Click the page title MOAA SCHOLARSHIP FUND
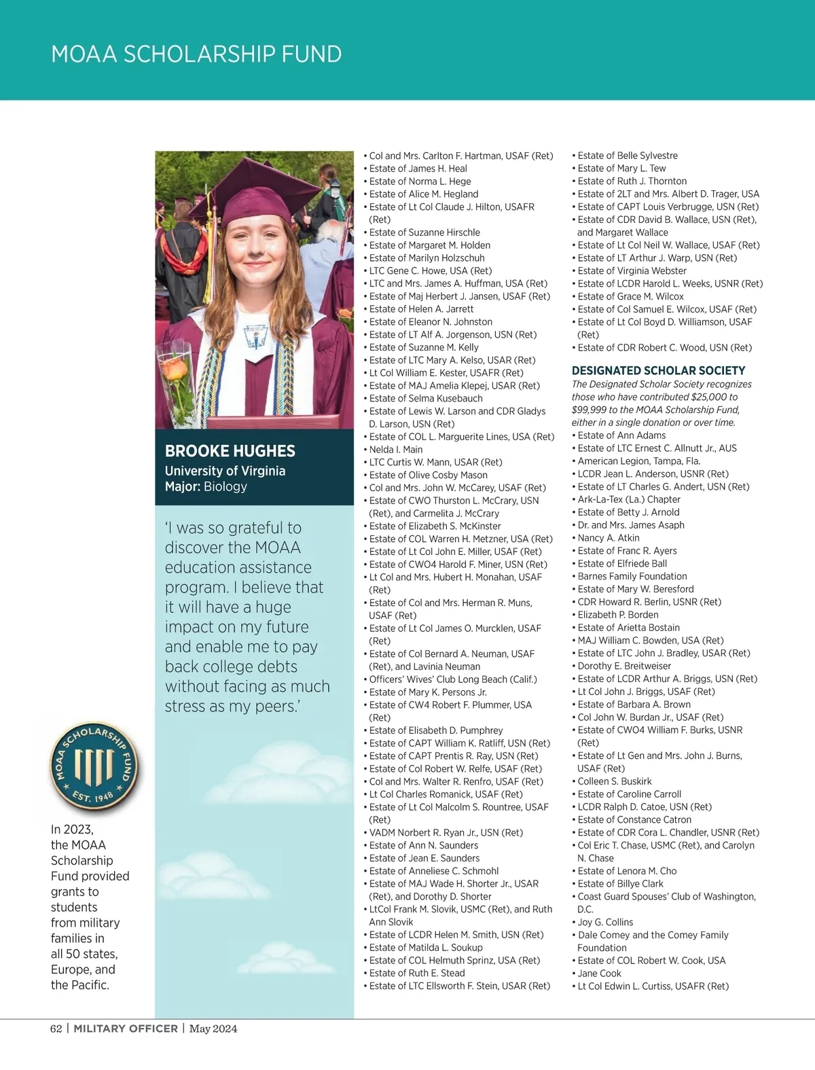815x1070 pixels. pos(196,54)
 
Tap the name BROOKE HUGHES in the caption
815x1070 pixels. pos(230,451)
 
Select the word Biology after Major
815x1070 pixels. pos(225,486)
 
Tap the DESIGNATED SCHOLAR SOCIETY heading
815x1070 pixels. pos(658,370)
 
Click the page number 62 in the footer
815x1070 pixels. pos(56,1029)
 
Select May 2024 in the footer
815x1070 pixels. pos(213,1029)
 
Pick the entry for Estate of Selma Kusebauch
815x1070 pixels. pos(426,398)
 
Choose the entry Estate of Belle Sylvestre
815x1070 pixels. pos(628,156)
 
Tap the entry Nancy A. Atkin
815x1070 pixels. pos(609,538)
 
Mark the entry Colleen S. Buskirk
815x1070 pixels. pos(615,781)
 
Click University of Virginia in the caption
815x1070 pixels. pos(225,471)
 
